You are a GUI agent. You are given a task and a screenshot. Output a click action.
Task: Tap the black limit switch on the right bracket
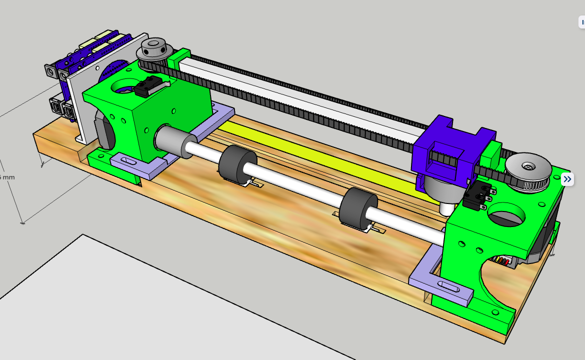click(x=474, y=196)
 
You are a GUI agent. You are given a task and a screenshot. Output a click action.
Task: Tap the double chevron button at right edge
click(x=567, y=179)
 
